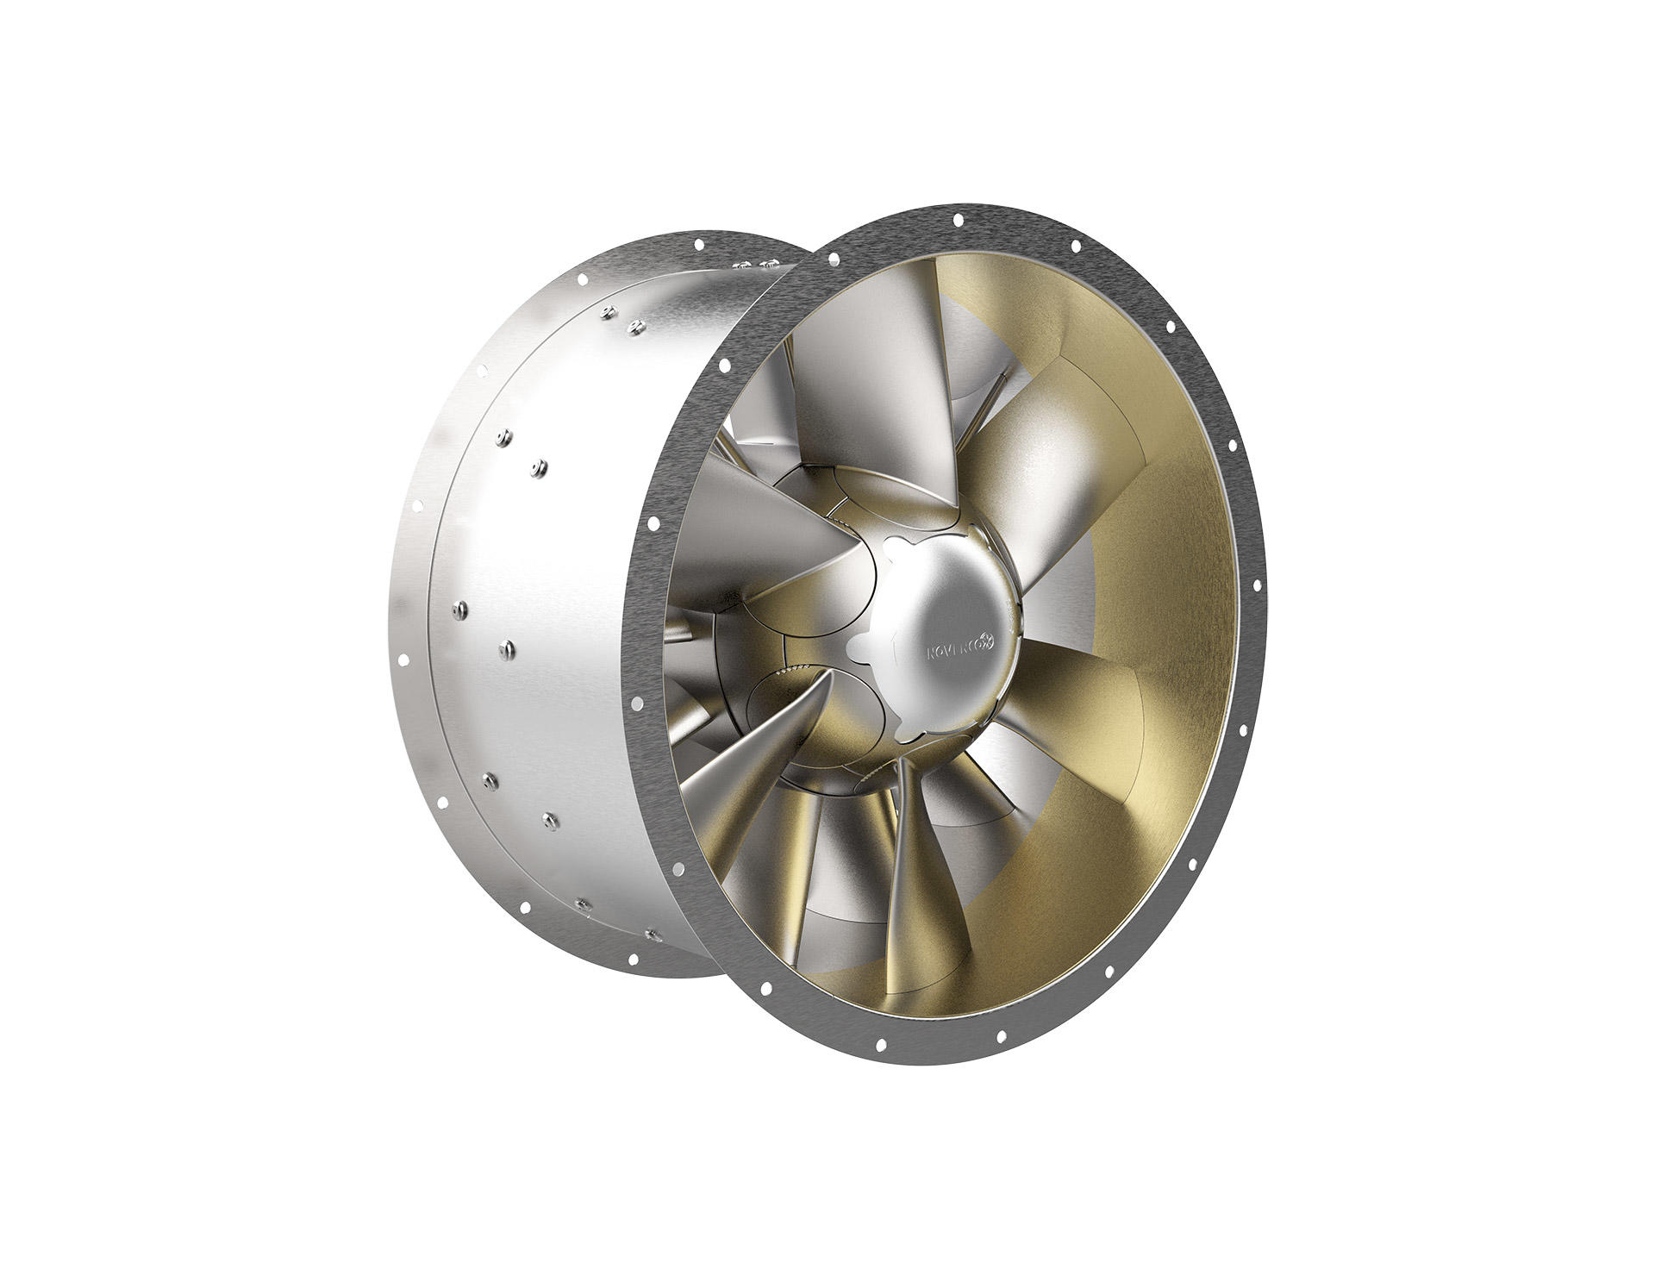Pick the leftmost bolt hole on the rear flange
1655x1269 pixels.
(x=403, y=660)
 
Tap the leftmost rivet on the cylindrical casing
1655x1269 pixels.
(x=456, y=609)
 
